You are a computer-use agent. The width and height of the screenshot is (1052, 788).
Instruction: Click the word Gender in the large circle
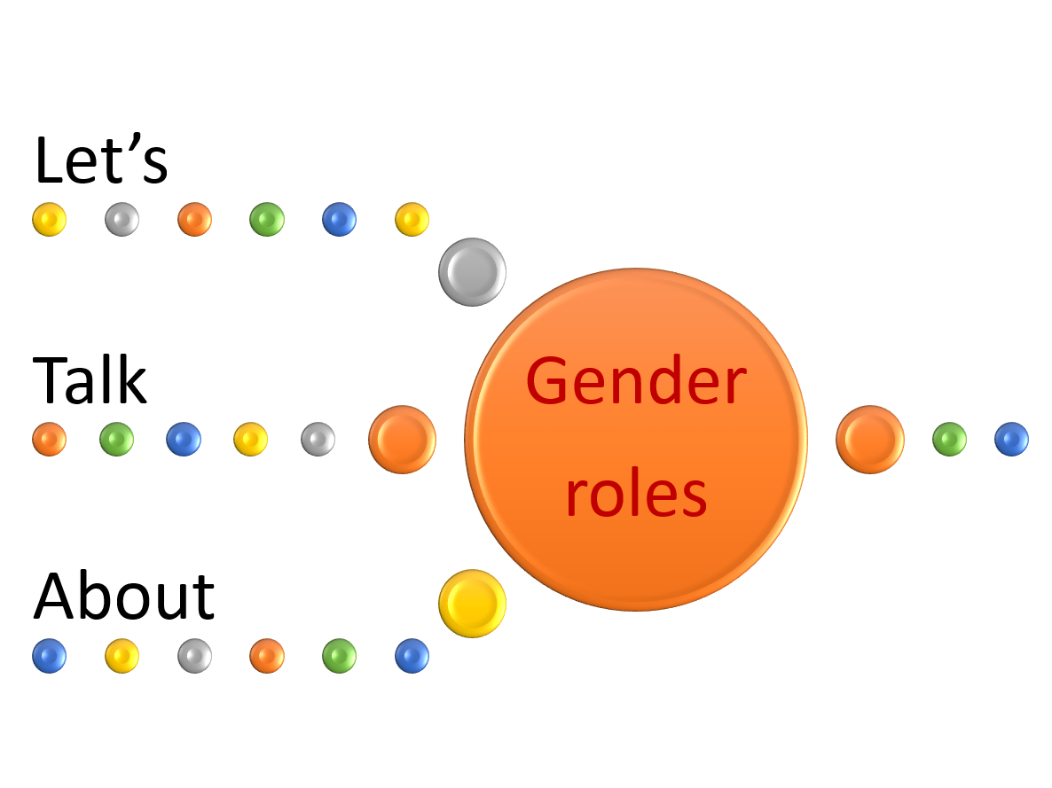635,381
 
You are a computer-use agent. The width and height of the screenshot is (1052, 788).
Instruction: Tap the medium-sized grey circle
472,272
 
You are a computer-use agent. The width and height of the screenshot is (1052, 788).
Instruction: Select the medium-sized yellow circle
472,604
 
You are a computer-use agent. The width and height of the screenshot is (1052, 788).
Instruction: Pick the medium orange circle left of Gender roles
402,440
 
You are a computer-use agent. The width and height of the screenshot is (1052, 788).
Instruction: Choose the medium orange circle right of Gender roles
869,440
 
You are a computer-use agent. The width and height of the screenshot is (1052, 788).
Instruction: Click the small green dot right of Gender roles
949,439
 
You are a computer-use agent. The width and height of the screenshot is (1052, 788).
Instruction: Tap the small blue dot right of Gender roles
1011,439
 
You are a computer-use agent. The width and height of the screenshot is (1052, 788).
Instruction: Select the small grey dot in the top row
122,219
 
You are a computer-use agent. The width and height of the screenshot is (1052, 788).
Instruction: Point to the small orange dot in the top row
194,219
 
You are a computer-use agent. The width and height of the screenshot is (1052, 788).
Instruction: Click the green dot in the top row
267,219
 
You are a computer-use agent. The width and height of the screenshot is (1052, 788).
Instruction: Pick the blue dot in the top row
339,219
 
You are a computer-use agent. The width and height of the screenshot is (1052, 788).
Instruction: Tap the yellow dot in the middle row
250,439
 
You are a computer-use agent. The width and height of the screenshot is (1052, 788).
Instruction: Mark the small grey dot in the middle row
318,439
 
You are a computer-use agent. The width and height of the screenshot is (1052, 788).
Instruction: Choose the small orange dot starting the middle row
49,439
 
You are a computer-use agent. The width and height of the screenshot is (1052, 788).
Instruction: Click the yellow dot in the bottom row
122,656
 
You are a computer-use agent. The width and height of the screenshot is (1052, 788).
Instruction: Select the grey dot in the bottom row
194,656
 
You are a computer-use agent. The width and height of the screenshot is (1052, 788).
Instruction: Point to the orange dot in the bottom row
267,656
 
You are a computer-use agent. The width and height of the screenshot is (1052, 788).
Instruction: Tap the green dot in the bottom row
339,656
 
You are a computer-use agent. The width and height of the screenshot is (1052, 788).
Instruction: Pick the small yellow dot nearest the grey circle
412,219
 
